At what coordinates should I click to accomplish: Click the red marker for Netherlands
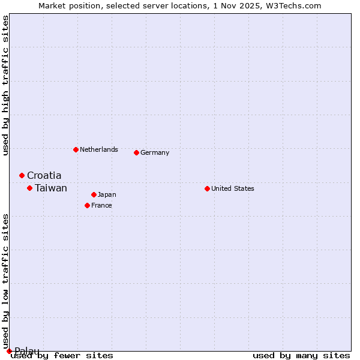[x=76, y=149]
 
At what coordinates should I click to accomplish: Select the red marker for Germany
[x=136, y=152]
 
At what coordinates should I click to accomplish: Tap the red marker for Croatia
[x=22, y=175]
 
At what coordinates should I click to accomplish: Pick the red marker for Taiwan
[x=29, y=188]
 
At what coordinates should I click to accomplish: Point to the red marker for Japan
[x=94, y=194]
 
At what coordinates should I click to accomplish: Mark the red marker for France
[x=87, y=205]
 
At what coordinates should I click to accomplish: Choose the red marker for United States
[x=207, y=188]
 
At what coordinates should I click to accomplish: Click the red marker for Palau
[x=9, y=351]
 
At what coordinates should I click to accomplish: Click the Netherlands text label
[x=99, y=149]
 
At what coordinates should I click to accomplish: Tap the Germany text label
[x=155, y=152]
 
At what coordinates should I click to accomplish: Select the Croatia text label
[x=44, y=175]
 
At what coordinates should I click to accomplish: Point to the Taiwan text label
[x=51, y=188]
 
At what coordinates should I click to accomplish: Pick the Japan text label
[x=107, y=194]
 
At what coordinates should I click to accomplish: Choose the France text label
[x=101, y=205]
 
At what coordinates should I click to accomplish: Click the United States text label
[x=233, y=188]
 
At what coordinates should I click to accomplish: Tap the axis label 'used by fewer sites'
[x=62, y=355]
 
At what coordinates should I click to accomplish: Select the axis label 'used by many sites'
[x=301, y=355]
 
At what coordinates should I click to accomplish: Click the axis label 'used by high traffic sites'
[x=5, y=85]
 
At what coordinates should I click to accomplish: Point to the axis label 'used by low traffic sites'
[x=5, y=281]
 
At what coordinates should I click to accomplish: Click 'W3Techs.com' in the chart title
[x=298, y=5]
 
